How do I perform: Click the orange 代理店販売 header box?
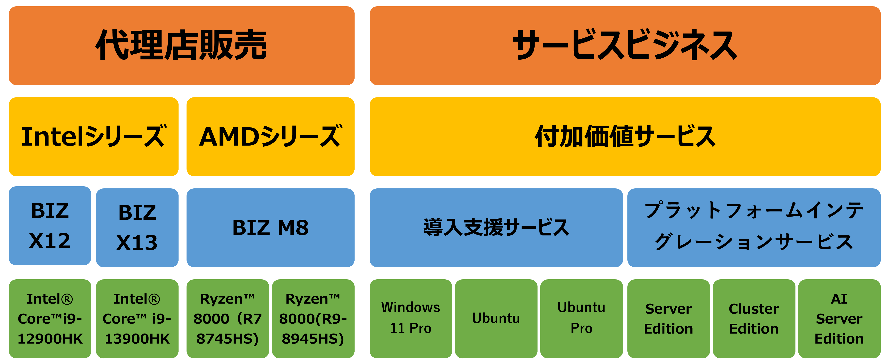(x=181, y=46)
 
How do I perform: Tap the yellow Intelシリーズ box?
(x=93, y=137)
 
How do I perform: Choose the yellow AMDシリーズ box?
(x=271, y=137)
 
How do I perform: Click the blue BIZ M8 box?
(x=271, y=227)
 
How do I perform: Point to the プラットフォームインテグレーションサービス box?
(x=754, y=227)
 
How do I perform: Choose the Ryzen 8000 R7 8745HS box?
(x=227, y=319)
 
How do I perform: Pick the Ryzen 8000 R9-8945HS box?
(x=313, y=319)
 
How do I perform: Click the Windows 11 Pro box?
(x=410, y=319)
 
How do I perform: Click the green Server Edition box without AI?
(x=668, y=319)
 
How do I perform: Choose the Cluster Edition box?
(x=754, y=319)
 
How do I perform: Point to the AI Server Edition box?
(x=839, y=319)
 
